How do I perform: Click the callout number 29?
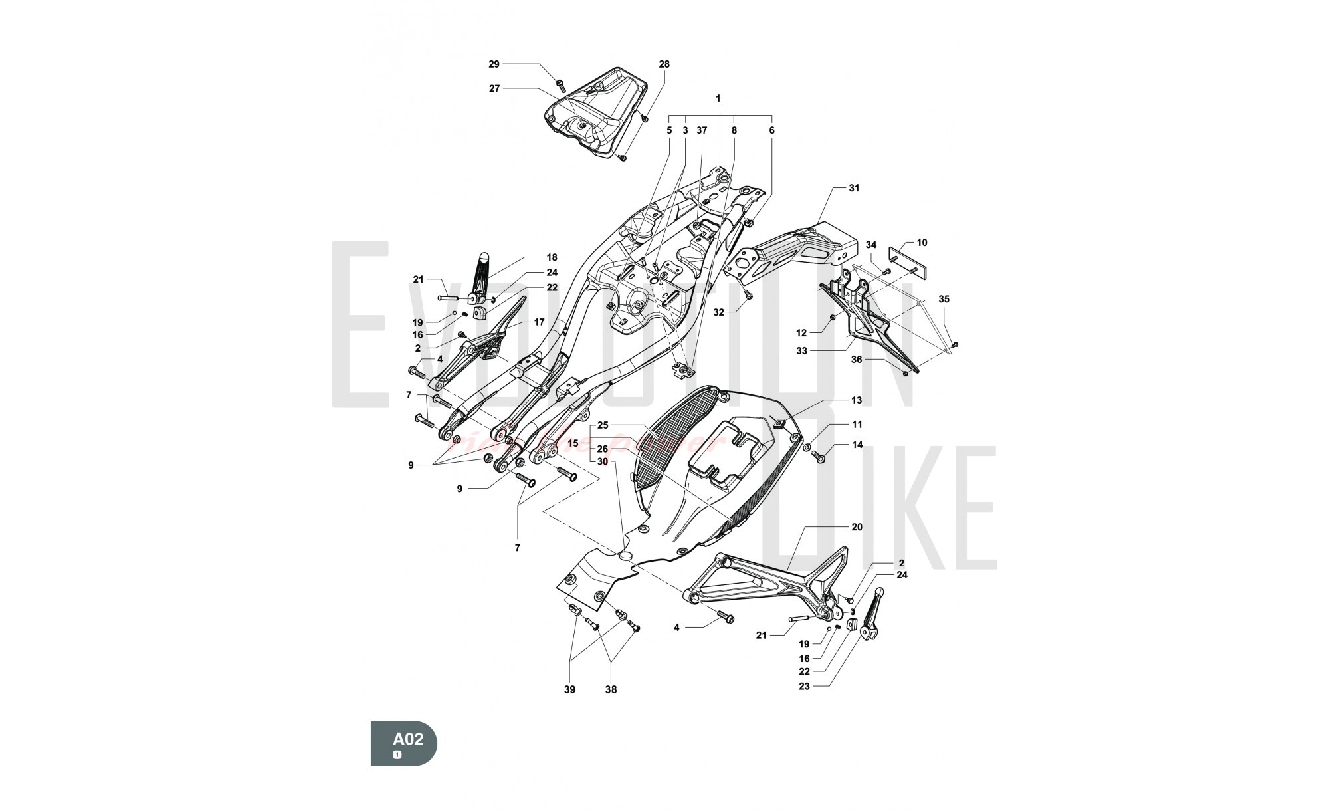pos(494,64)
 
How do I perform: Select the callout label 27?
pos(494,88)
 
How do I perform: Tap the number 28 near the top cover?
pos(664,64)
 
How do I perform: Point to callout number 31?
pos(854,188)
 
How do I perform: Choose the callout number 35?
pos(944,299)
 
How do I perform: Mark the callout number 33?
pos(802,350)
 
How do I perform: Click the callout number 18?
pos(552,257)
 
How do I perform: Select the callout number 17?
pos(539,322)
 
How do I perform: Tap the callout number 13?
pos(857,400)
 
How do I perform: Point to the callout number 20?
pos(857,527)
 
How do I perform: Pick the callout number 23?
pos(804,687)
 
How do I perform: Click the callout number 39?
pos(569,690)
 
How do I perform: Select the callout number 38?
pos(611,690)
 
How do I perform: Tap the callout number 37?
pos(702,130)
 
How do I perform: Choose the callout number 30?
pos(603,461)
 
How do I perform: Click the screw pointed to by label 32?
pos(749,292)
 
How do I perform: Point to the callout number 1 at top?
pos(718,98)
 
